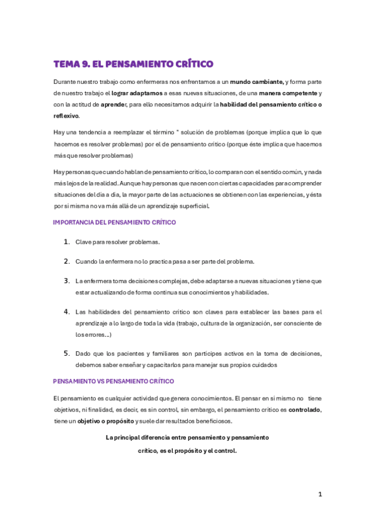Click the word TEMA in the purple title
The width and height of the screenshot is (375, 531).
pyautogui.click(x=67, y=64)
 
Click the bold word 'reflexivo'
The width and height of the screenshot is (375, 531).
pyautogui.click(x=66, y=116)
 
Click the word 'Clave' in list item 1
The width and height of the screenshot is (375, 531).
pyautogui.click(x=83, y=242)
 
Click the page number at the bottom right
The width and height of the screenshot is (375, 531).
pyautogui.click(x=319, y=494)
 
